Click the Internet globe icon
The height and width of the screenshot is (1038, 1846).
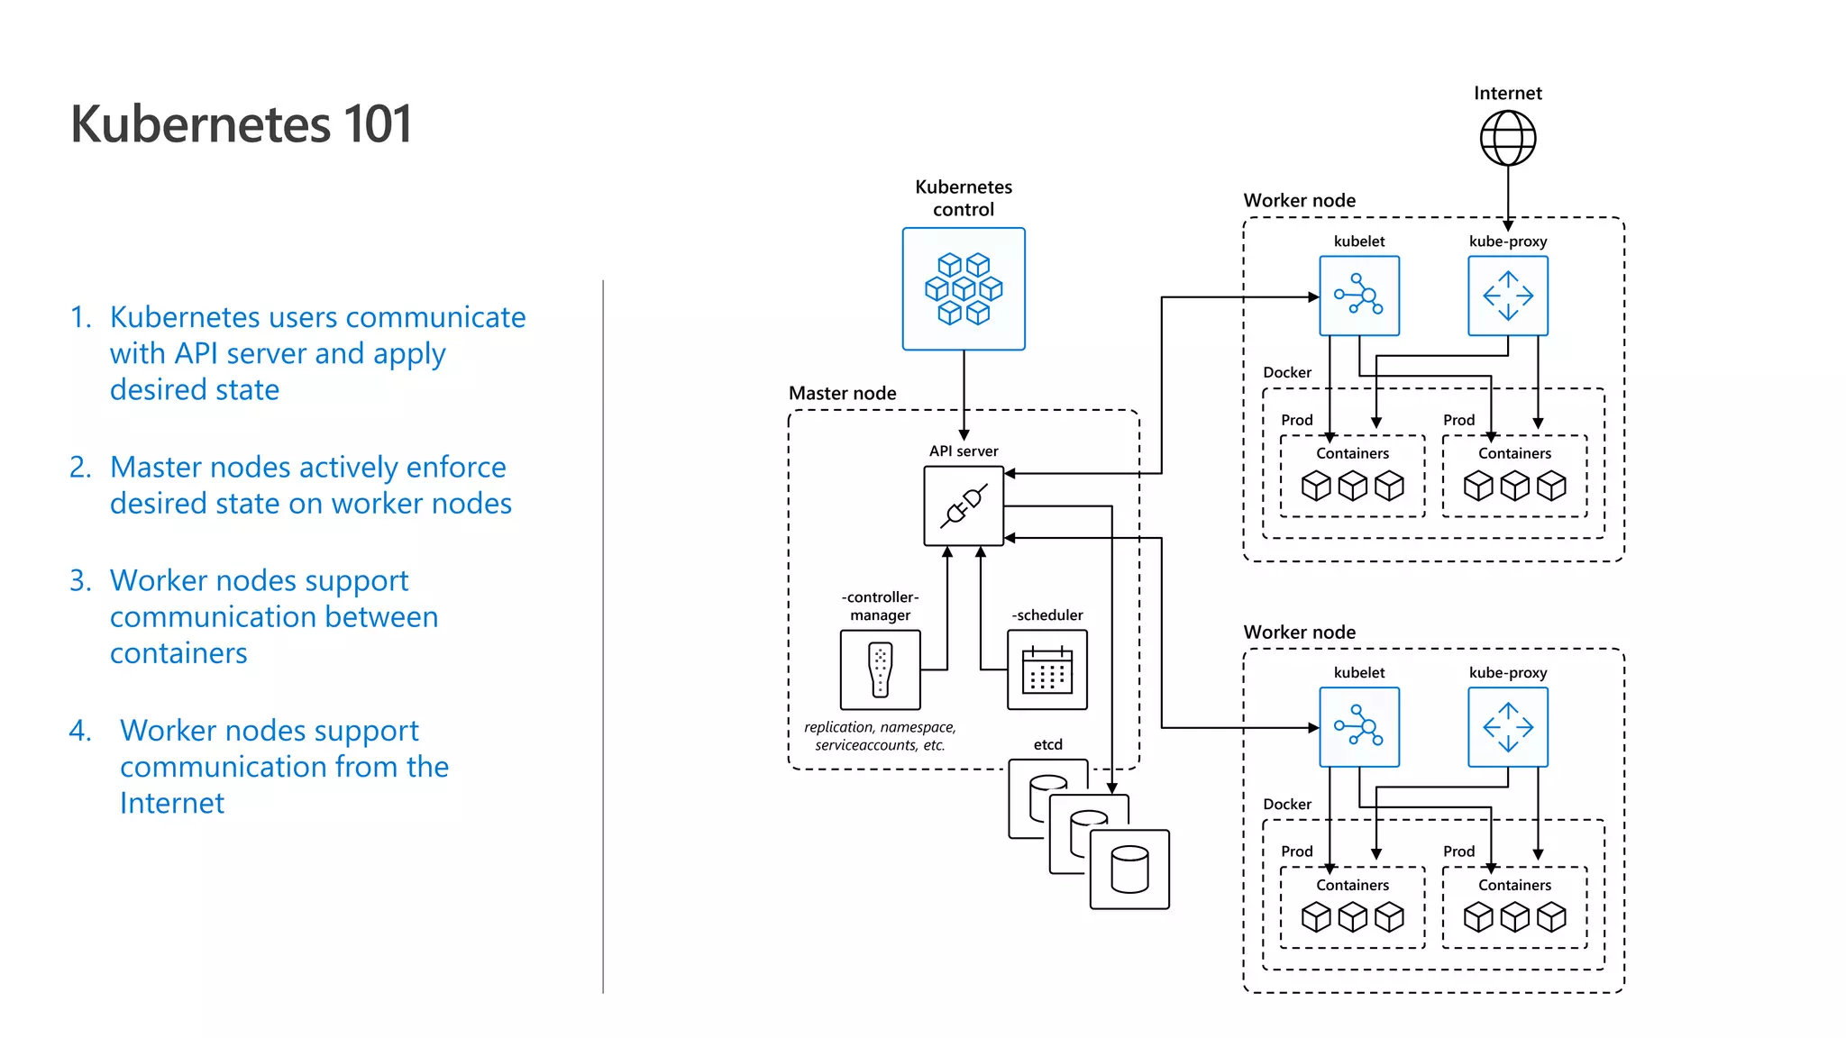(1508, 138)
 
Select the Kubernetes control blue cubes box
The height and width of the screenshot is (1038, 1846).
(964, 288)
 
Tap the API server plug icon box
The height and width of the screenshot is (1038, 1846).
(964, 505)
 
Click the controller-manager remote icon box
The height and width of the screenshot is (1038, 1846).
(880, 669)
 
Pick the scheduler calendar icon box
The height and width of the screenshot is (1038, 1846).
(1046, 669)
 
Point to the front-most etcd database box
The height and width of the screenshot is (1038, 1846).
(1129, 870)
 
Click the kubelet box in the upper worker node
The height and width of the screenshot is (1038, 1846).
(1359, 296)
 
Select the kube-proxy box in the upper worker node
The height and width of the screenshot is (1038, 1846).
(1508, 296)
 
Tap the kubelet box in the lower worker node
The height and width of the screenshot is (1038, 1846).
(1359, 727)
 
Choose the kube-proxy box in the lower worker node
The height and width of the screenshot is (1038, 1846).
(1508, 727)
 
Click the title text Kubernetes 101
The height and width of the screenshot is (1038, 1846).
(242, 123)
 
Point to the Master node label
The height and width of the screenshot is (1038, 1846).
(842, 393)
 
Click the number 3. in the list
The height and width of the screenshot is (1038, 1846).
(80, 580)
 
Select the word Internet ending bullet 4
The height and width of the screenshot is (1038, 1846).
(172, 803)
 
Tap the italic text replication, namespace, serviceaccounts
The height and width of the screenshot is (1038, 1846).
(880, 736)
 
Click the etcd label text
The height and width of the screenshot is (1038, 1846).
(1047, 744)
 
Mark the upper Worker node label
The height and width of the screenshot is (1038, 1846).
(1299, 200)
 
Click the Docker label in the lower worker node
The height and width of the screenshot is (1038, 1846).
(1286, 804)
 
